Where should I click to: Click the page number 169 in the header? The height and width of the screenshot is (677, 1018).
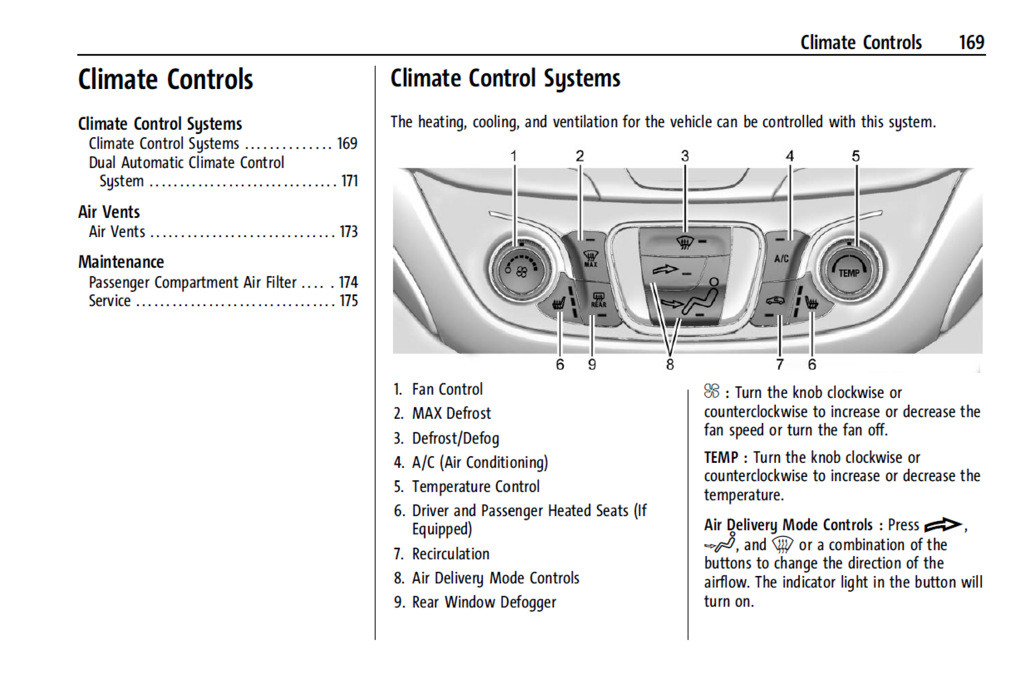coord(971,42)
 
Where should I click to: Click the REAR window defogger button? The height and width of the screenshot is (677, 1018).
coord(598,301)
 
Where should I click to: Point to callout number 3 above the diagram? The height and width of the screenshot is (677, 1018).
coord(685,156)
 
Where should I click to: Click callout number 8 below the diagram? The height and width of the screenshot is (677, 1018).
coord(670,364)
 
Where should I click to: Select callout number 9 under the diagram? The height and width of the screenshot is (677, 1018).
coord(592,364)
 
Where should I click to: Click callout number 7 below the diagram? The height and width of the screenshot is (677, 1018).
coord(779,364)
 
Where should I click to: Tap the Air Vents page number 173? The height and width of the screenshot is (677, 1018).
coord(348,231)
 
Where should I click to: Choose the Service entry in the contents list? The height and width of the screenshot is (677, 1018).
coord(110,301)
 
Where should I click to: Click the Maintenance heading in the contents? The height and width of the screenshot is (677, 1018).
coord(121,262)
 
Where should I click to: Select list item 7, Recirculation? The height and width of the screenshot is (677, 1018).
coord(450,553)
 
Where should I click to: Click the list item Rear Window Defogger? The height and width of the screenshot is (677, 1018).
coord(483,602)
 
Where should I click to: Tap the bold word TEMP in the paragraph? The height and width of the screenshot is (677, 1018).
coord(720,458)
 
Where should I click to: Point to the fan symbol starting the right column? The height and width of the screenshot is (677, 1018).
coord(711,391)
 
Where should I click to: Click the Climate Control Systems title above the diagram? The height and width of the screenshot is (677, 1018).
coord(505,79)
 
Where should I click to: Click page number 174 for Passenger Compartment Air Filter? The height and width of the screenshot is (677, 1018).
coord(348,282)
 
